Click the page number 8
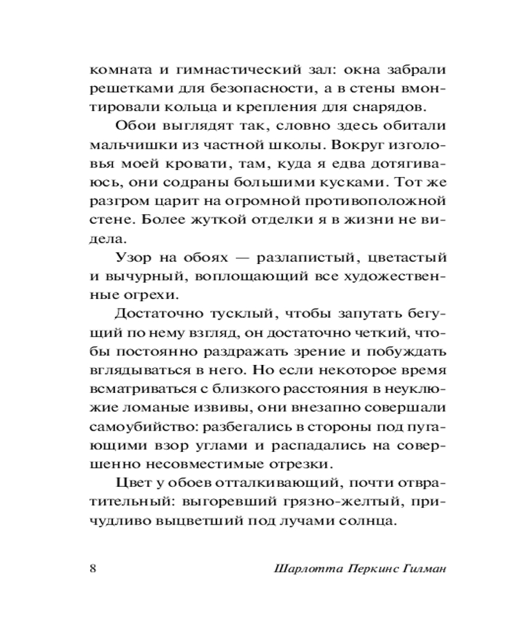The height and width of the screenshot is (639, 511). (93, 568)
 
